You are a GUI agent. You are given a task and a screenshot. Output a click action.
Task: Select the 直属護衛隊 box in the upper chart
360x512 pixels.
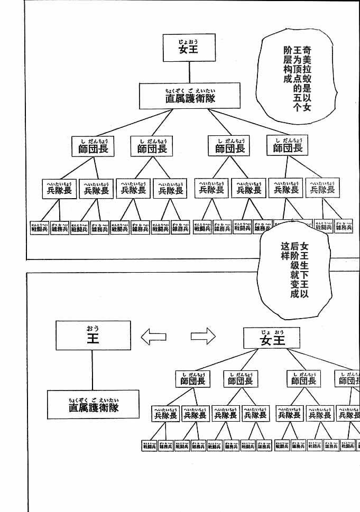pyautogui.click(x=190, y=96)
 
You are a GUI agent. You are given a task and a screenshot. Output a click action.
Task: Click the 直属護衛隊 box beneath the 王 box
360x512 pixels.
pyautogui.click(x=93, y=405)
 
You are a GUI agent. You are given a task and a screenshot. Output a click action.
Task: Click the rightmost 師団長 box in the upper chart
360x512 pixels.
pyautogui.click(x=288, y=146)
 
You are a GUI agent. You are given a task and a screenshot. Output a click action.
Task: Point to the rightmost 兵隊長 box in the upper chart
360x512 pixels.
pyautogui.click(x=322, y=188)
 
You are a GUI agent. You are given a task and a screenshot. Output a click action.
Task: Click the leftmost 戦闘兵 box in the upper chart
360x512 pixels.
pyautogui.click(x=39, y=228)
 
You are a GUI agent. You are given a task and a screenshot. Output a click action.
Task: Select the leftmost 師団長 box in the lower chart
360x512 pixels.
pyautogui.click(x=192, y=379)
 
